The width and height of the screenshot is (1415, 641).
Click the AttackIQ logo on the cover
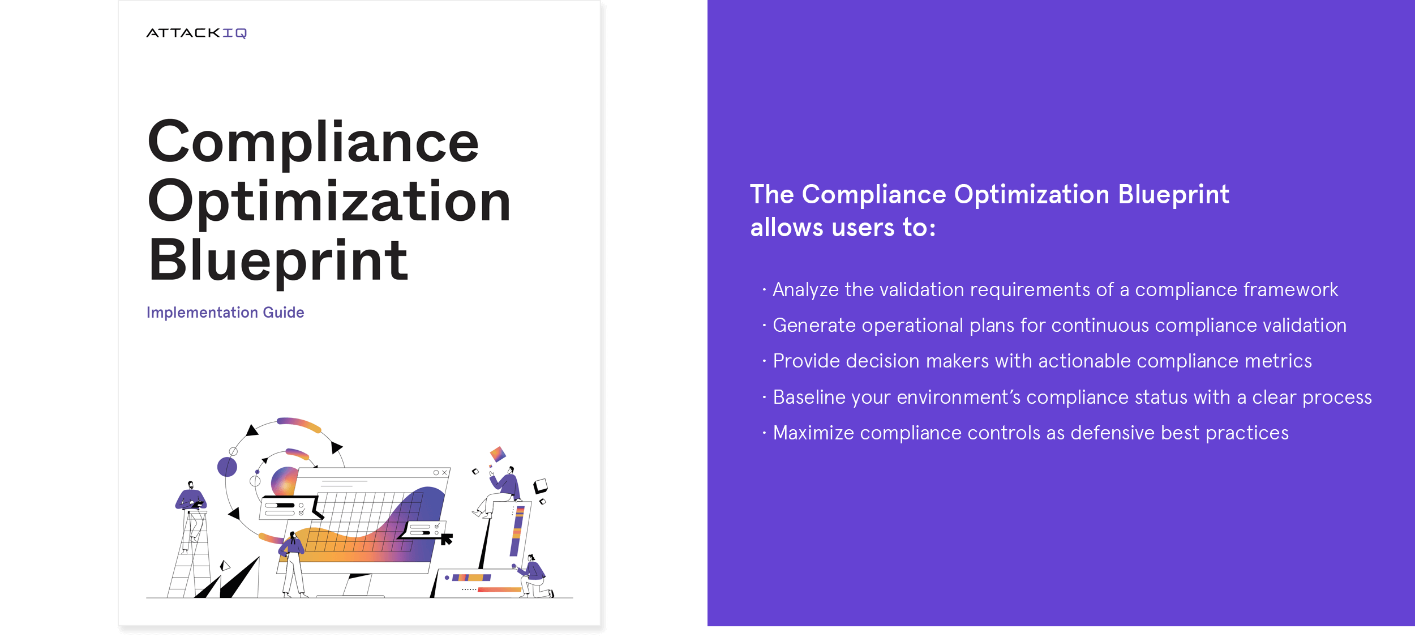(196, 33)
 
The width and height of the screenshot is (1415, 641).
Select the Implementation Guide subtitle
(225, 313)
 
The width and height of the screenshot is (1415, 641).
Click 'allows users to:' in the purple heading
(843, 228)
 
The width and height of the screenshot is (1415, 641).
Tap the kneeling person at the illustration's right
(532, 576)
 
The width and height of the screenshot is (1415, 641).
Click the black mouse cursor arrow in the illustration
(447, 539)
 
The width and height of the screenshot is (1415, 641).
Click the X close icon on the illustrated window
(445, 473)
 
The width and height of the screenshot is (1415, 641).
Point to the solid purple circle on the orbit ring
(227, 467)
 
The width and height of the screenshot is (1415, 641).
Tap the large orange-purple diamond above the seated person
(498, 454)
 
